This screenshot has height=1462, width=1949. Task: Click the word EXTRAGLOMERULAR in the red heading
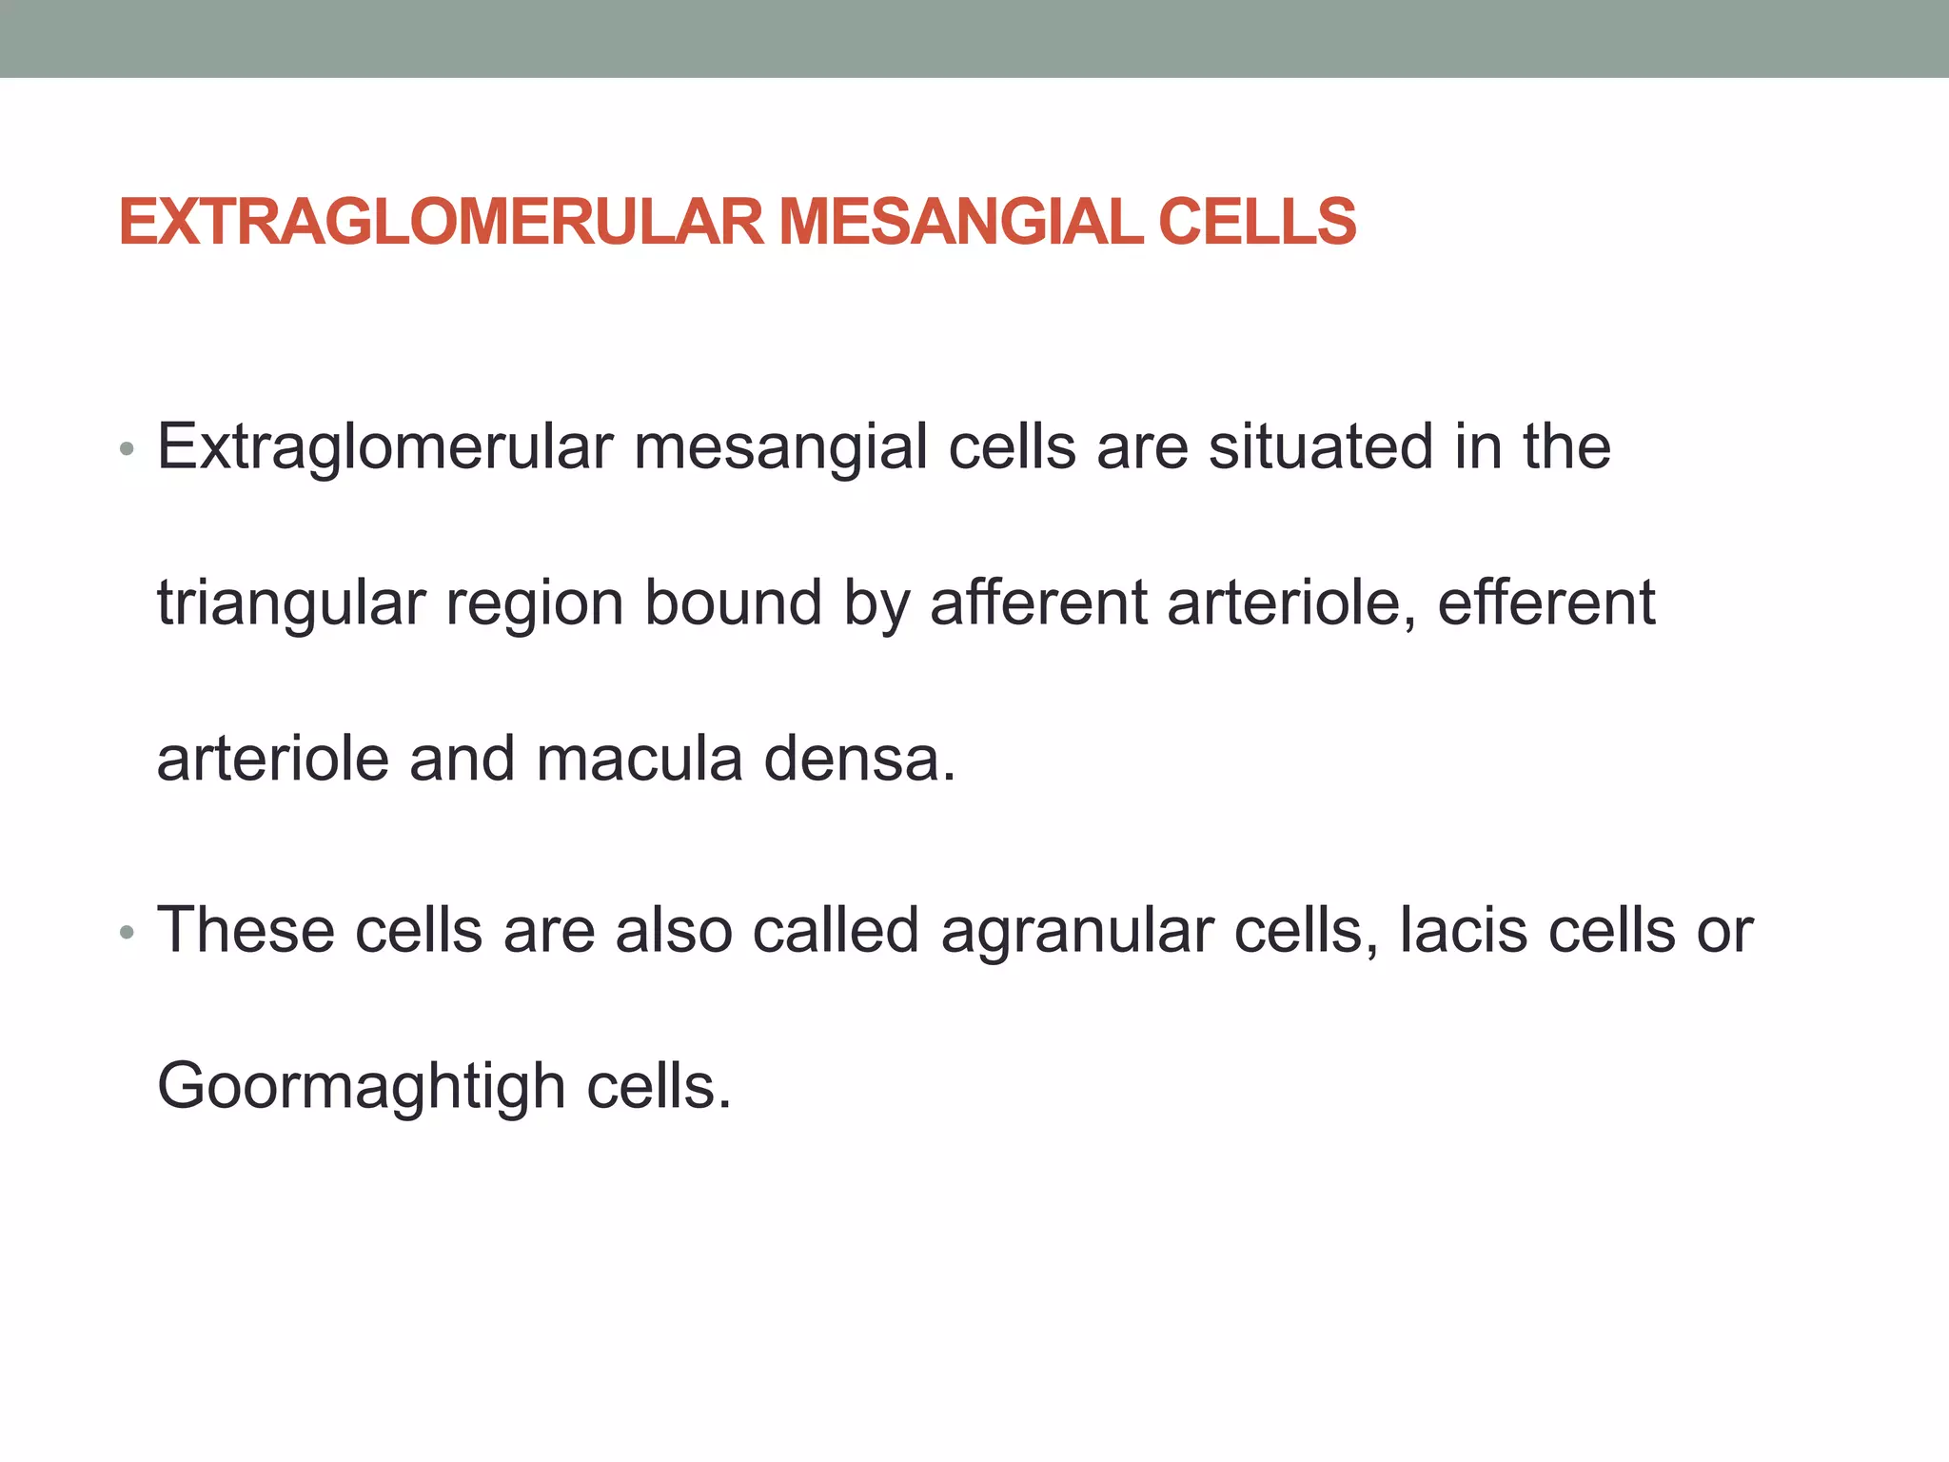442,222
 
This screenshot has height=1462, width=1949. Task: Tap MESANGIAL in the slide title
960,222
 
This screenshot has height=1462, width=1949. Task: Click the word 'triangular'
291,604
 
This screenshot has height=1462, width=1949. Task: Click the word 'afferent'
1037,603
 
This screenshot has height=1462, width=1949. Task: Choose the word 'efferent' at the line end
1545,603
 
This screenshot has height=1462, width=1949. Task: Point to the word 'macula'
639,759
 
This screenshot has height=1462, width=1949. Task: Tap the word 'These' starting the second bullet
246,930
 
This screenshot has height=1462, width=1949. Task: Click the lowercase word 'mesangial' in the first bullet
780,448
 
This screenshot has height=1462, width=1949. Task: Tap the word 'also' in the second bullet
674,930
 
